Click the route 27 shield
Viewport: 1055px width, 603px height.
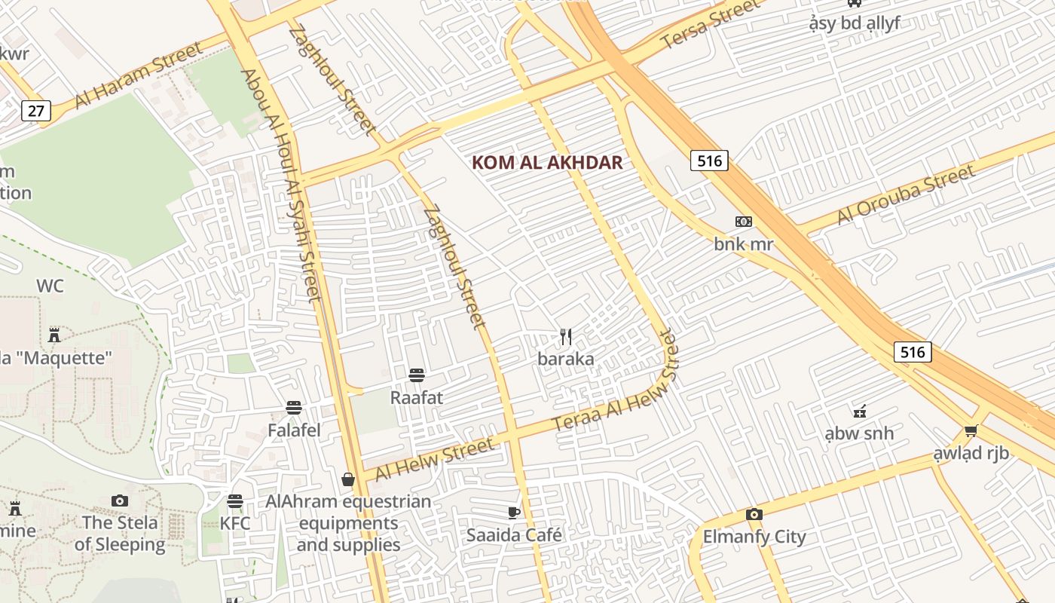pyautogui.click(x=35, y=112)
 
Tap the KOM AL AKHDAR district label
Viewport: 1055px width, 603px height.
pyautogui.click(x=547, y=163)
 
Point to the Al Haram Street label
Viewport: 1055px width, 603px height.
pyautogui.click(x=139, y=75)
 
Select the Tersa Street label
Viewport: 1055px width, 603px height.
pyautogui.click(x=711, y=25)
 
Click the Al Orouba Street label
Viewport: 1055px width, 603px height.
pyautogui.click(x=906, y=195)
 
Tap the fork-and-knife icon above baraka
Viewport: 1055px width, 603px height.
pyautogui.click(x=566, y=337)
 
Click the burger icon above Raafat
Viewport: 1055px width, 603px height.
pyautogui.click(x=416, y=375)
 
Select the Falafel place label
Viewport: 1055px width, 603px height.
pyautogui.click(x=294, y=430)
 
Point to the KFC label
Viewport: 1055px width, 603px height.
pyautogui.click(x=235, y=523)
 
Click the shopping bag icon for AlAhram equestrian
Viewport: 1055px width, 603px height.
pyautogui.click(x=348, y=479)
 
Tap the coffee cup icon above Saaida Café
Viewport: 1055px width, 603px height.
pyautogui.click(x=514, y=513)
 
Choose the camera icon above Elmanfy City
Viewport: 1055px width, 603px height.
pyautogui.click(x=754, y=515)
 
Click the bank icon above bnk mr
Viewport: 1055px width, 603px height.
pyautogui.click(x=744, y=222)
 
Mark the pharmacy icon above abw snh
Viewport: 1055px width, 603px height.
pyautogui.click(x=859, y=412)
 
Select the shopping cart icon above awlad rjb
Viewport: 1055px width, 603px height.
pyautogui.click(x=971, y=431)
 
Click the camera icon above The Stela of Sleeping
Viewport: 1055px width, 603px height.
pyautogui.click(x=120, y=500)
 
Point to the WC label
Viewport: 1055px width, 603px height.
pyautogui.click(x=50, y=286)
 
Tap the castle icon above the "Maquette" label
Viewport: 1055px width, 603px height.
pyautogui.click(x=54, y=334)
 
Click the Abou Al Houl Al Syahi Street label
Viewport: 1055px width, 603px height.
pyautogui.click(x=281, y=185)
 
